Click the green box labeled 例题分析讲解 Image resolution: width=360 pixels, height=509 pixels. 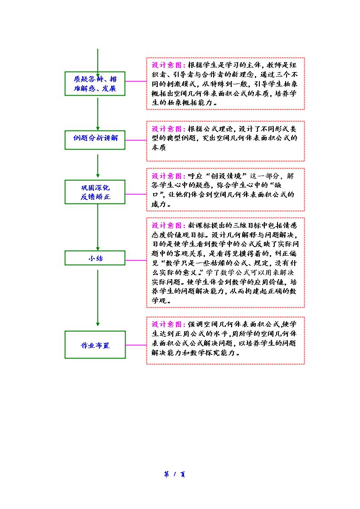click(x=95, y=140)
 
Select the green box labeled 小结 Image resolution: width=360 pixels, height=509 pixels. click(x=95, y=258)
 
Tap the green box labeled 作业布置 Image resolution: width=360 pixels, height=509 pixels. click(x=95, y=345)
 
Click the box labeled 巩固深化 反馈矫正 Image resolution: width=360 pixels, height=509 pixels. click(x=95, y=192)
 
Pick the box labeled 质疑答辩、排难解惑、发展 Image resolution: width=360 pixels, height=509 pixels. click(x=95, y=83)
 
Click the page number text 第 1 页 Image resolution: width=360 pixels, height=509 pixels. click(x=175, y=474)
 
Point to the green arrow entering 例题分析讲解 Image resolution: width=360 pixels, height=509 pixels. click(x=98, y=113)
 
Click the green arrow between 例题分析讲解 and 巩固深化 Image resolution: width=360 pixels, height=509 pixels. click(x=98, y=166)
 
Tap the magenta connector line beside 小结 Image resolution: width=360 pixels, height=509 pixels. click(x=136, y=260)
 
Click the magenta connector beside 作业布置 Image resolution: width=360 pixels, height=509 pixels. click(x=136, y=345)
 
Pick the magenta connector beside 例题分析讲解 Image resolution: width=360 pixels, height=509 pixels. click(x=136, y=140)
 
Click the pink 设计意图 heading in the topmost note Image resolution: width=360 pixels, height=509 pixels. click(x=168, y=65)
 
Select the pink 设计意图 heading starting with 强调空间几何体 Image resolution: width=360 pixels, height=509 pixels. click(x=168, y=324)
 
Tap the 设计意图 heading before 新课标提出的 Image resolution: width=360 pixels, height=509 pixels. click(x=168, y=225)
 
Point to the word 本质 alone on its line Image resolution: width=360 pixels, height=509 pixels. click(x=159, y=147)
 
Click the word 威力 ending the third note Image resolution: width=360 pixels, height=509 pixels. click(x=159, y=204)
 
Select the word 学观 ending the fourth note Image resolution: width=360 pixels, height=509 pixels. click(x=159, y=301)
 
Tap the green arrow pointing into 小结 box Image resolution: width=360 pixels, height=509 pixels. click(x=98, y=227)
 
